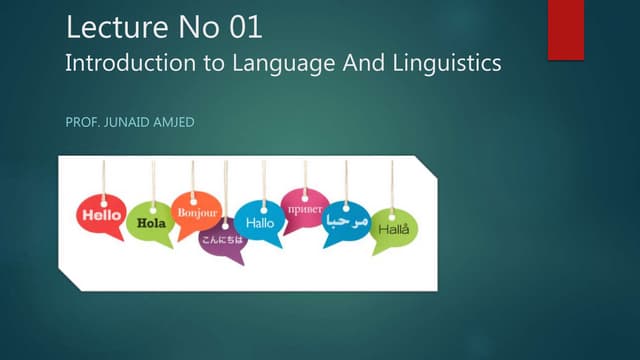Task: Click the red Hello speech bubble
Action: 101,215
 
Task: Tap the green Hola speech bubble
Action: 152,223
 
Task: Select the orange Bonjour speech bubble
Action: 197,212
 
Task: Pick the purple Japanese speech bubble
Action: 221,241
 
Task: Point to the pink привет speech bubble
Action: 304,209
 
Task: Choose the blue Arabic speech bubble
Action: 346,220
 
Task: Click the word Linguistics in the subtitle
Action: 447,63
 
